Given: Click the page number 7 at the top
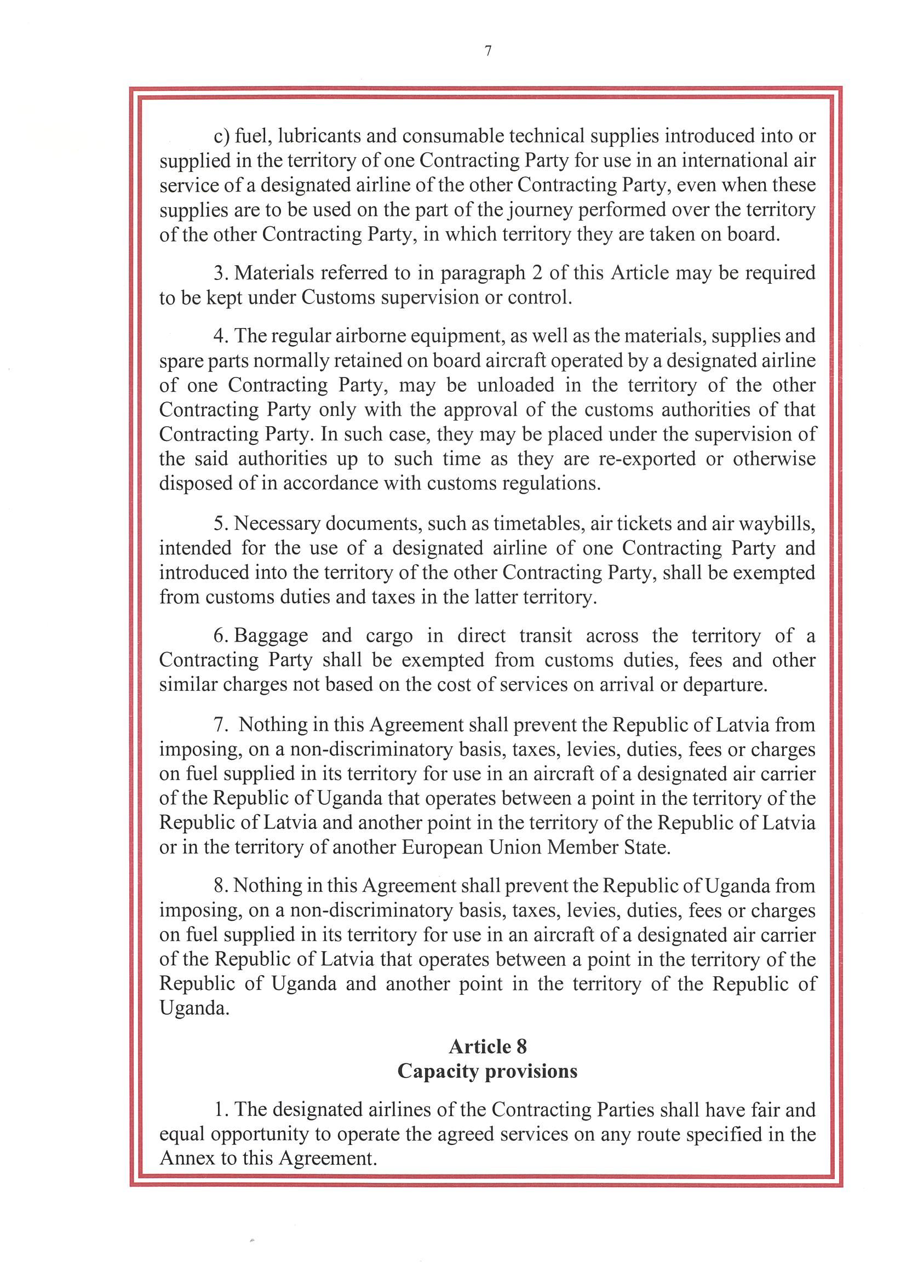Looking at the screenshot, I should pyautogui.click(x=489, y=51).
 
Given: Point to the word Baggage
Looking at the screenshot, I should pyautogui.click(x=271, y=636).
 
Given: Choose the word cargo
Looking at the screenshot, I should pyautogui.click(x=389, y=637).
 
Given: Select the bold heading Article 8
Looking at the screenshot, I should pyautogui.click(x=488, y=1046).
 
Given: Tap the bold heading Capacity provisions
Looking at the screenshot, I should pyautogui.click(x=488, y=1071).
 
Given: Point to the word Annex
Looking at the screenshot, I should pyautogui.click(x=187, y=1158).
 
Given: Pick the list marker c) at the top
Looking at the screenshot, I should pyautogui.click(x=222, y=136).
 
